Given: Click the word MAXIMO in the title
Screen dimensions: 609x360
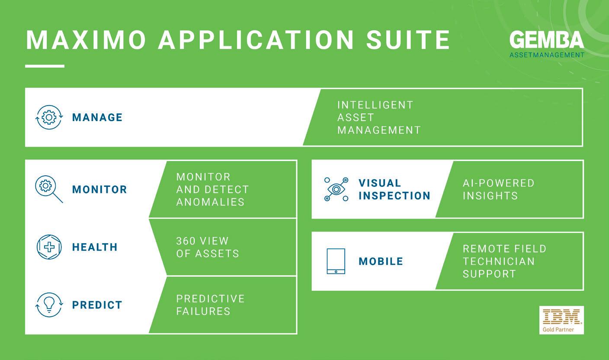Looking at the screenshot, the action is (x=86, y=40).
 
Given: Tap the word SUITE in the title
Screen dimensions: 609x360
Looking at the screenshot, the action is (x=408, y=40).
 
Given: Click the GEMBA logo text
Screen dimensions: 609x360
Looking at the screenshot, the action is (x=547, y=40).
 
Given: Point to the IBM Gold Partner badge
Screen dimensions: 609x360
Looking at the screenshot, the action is (x=561, y=320).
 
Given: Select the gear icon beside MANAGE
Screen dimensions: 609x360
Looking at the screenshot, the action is (x=49, y=117).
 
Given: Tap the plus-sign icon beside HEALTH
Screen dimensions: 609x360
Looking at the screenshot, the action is (x=49, y=247).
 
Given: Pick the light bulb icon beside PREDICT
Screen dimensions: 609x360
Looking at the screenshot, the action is (x=49, y=305).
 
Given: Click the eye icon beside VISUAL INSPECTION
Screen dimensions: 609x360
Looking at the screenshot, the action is (x=337, y=189).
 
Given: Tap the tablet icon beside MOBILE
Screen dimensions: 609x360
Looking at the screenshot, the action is (x=336, y=261).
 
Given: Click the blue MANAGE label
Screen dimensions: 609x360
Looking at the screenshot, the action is (x=97, y=117).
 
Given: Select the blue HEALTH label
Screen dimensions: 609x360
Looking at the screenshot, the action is (x=95, y=247).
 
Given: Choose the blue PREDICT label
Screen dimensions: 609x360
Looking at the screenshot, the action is (x=97, y=305).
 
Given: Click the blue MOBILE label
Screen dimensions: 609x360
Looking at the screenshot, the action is (x=381, y=261).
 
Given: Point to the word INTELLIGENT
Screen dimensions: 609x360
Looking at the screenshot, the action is (x=375, y=105).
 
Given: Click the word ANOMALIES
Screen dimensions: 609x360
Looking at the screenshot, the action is (x=211, y=202).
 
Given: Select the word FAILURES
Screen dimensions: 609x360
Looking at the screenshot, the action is (x=203, y=312).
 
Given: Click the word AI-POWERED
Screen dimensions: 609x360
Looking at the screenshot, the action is (x=499, y=183).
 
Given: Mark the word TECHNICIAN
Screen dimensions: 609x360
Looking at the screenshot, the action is (x=499, y=261).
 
